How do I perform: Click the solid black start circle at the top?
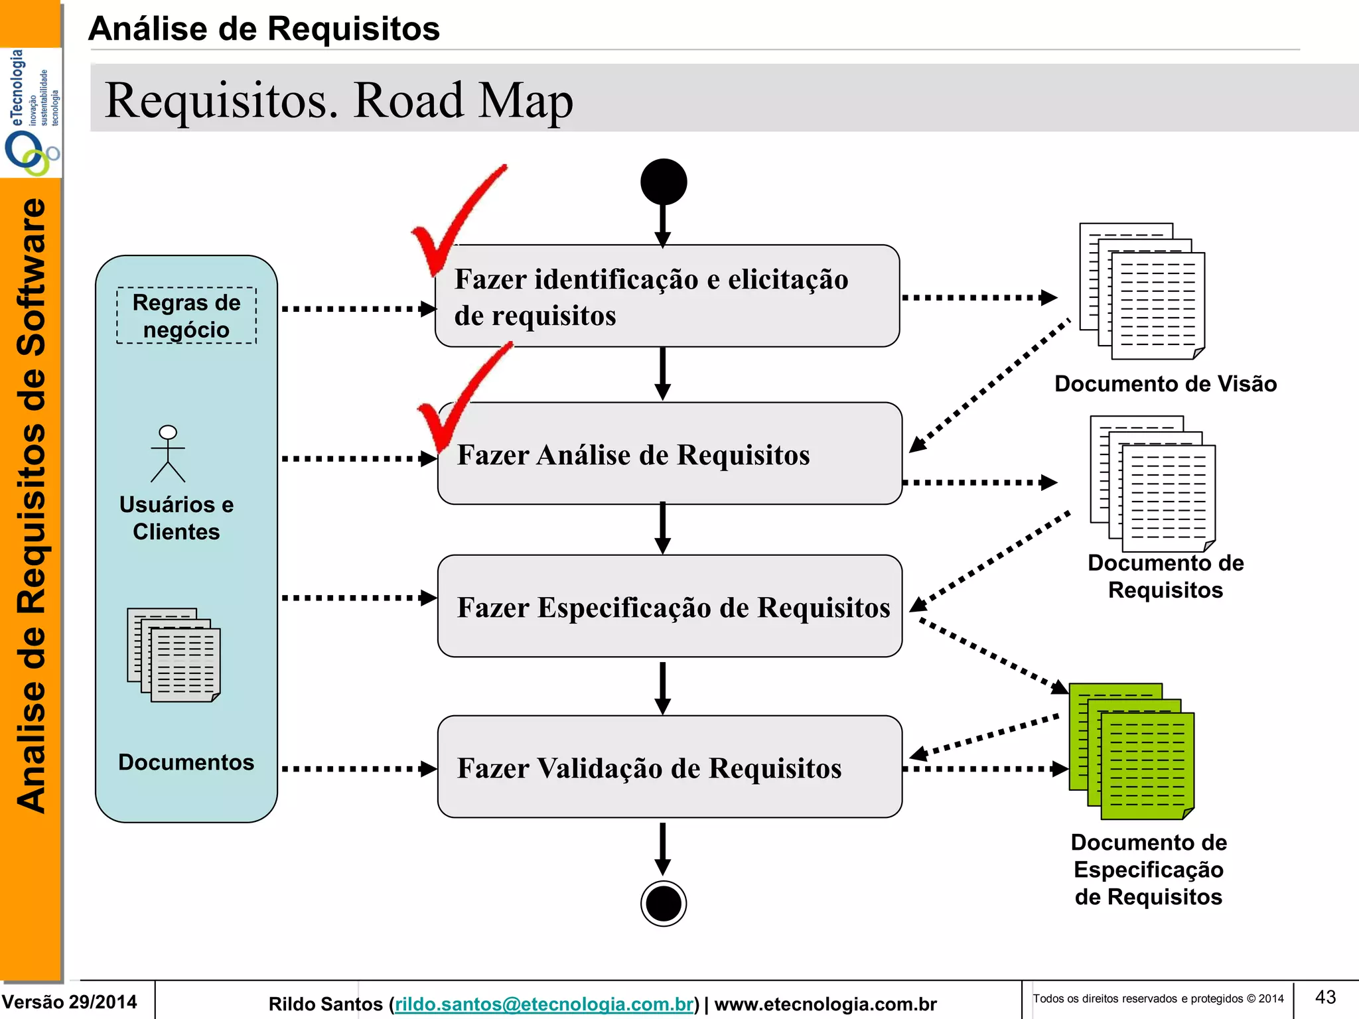point(664,182)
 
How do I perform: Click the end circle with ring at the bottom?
point(664,903)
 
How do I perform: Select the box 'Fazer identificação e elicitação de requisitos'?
point(667,296)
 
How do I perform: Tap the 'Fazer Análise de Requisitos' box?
point(670,454)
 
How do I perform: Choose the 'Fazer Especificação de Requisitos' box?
point(670,606)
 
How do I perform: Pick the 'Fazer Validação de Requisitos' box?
point(670,767)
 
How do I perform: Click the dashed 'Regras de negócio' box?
point(186,316)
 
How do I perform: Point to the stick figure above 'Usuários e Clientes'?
point(168,454)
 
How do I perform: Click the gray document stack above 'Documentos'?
point(174,655)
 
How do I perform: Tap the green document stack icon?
point(1132,751)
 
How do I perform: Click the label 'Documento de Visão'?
point(1165,384)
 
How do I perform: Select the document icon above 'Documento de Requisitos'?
point(1153,484)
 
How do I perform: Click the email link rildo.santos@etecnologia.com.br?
point(544,1004)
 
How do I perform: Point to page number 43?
point(1325,997)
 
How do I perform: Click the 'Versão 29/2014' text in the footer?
point(69,1002)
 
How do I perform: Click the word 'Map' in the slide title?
point(526,101)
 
